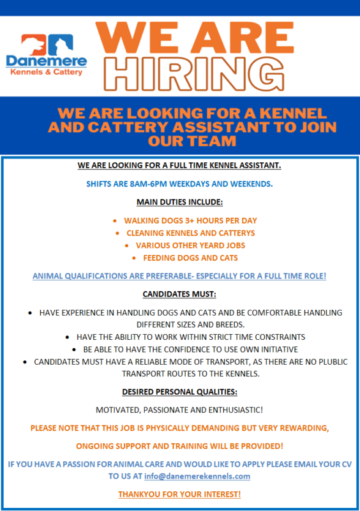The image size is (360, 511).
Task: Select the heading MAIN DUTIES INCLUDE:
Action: [179, 202]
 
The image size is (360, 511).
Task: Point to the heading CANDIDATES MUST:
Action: [179, 294]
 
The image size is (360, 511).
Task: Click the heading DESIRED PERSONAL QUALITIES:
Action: [179, 391]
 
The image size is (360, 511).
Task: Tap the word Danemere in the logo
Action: [46, 61]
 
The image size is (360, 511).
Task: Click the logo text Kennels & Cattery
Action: [46, 72]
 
